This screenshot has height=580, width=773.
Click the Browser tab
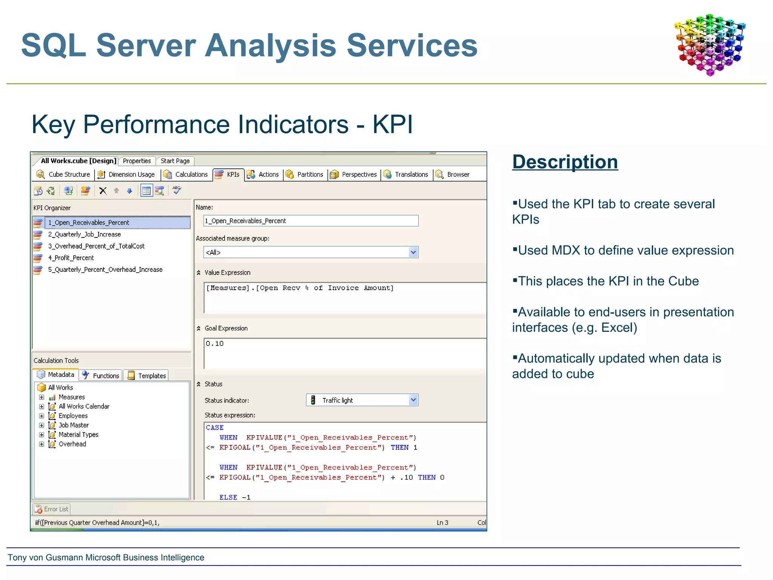(x=453, y=174)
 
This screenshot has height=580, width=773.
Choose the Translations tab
(x=407, y=174)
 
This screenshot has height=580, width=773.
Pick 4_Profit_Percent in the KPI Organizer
(x=71, y=258)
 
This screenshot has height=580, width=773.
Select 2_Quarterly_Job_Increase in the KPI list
(x=84, y=234)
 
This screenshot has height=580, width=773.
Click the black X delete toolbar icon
(x=103, y=191)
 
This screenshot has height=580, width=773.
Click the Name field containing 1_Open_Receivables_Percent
(x=310, y=221)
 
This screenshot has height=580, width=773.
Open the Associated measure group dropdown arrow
(x=413, y=252)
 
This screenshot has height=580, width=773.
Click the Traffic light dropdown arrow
(x=413, y=400)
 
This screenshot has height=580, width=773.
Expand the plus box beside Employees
(x=42, y=416)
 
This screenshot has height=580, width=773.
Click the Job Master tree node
(x=74, y=425)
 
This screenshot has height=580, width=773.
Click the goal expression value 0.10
(x=215, y=344)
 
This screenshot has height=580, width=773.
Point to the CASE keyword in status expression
(x=215, y=427)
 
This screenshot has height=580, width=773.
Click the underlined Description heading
(x=565, y=162)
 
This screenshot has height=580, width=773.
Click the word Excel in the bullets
(x=617, y=328)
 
